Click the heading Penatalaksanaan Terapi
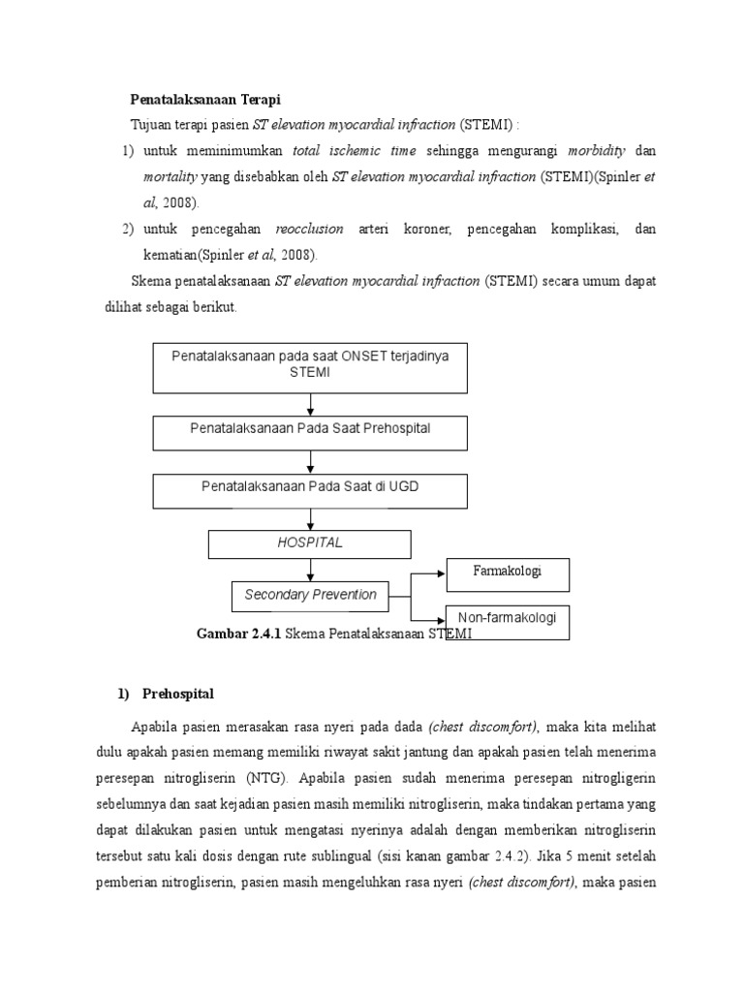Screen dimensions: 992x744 205,100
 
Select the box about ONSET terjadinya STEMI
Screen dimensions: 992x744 310,365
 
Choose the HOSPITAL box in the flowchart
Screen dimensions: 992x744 310,543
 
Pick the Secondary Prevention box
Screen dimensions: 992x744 310,595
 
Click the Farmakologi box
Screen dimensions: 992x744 508,573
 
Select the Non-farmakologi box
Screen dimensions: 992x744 508,620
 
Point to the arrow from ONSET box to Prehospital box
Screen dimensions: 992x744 310,404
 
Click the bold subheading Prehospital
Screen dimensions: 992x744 179,694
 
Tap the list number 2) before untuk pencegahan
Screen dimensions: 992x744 128,229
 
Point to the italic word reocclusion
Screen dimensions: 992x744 309,229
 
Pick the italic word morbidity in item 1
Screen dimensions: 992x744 597,151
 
